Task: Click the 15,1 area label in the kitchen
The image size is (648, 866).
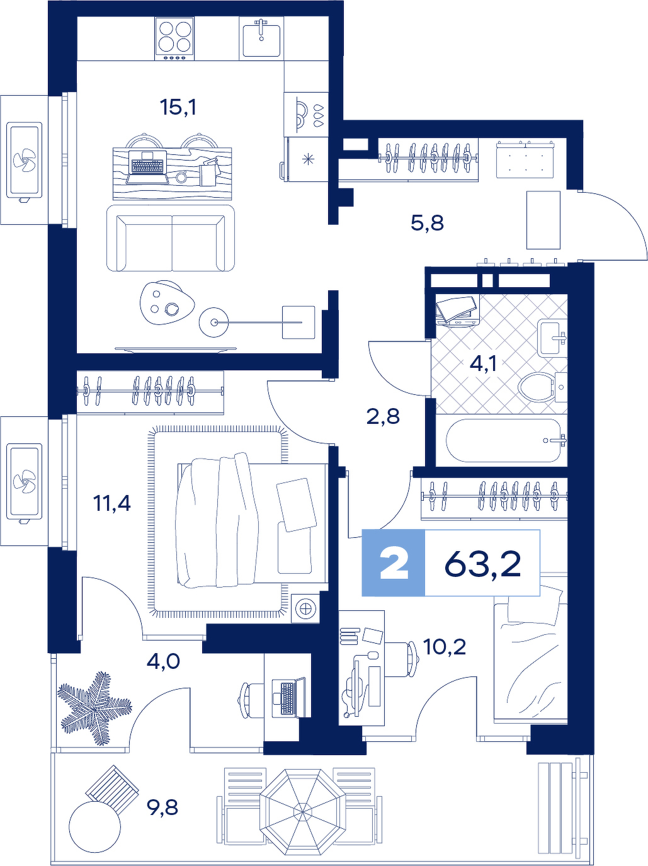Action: (x=178, y=107)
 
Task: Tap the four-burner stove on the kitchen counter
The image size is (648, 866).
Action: (x=175, y=39)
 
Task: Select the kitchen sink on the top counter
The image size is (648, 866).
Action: (x=261, y=38)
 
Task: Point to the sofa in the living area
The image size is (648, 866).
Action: (x=171, y=238)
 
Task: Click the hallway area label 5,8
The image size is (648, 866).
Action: (x=427, y=224)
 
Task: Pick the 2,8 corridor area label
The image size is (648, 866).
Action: (x=383, y=416)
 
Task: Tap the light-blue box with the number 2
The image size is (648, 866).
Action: (x=393, y=562)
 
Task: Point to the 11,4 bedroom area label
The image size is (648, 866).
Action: (x=111, y=503)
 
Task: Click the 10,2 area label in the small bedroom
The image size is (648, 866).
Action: (x=445, y=647)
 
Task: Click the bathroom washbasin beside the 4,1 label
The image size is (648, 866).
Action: (x=552, y=338)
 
